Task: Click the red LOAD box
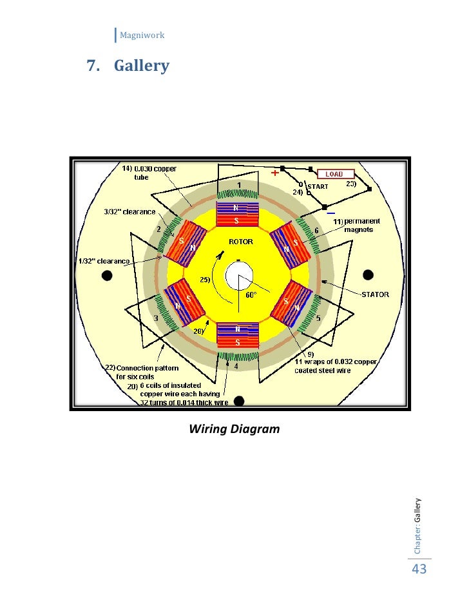[335, 174]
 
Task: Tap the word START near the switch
[318, 187]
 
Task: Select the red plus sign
[275, 173]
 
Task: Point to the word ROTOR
[241, 242]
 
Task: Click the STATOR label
[374, 294]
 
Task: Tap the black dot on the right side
[368, 275]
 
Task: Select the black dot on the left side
[107, 275]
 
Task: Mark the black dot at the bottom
[238, 401]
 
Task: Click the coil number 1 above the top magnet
[238, 186]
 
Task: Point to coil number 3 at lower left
[155, 318]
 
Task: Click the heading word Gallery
[142, 65]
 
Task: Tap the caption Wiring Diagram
[235, 428]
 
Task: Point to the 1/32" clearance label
[102, 261]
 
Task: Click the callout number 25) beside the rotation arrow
[205, 280]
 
